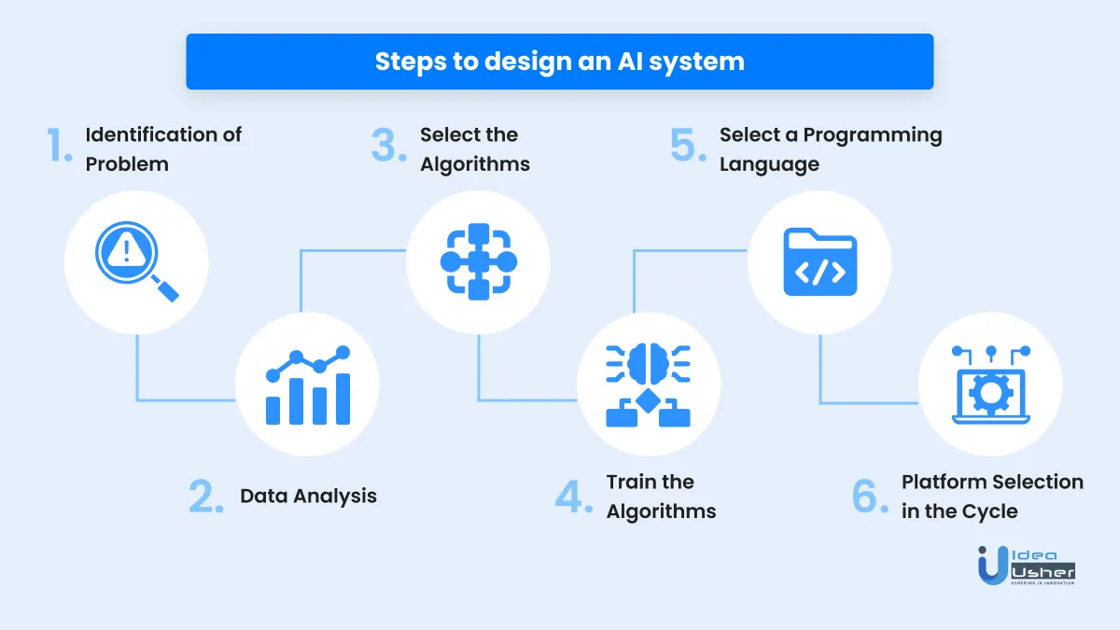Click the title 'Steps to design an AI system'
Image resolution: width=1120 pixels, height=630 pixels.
pyautogui.click(x=559, y=62)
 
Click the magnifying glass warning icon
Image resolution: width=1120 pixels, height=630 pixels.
pyautogui.click(x=136, y=261)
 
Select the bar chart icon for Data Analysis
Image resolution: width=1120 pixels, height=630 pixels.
pyautogui.click(x=307, y=385)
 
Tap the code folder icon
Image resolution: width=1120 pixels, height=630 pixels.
pyautogui.click(x=820, y=261)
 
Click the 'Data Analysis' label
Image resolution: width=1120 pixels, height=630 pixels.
pyautogui.click(x=308, y=496)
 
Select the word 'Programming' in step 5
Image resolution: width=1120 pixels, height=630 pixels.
pyautogui.click(x=873, y=135)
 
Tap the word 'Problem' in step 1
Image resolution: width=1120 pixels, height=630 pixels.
pyautogui.click(x=127, y=164)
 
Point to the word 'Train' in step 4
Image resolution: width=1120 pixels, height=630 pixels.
pyautogui.click(x=631, y=482)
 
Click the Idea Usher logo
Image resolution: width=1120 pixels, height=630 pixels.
pyautogui.click(x=1026, y=566)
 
